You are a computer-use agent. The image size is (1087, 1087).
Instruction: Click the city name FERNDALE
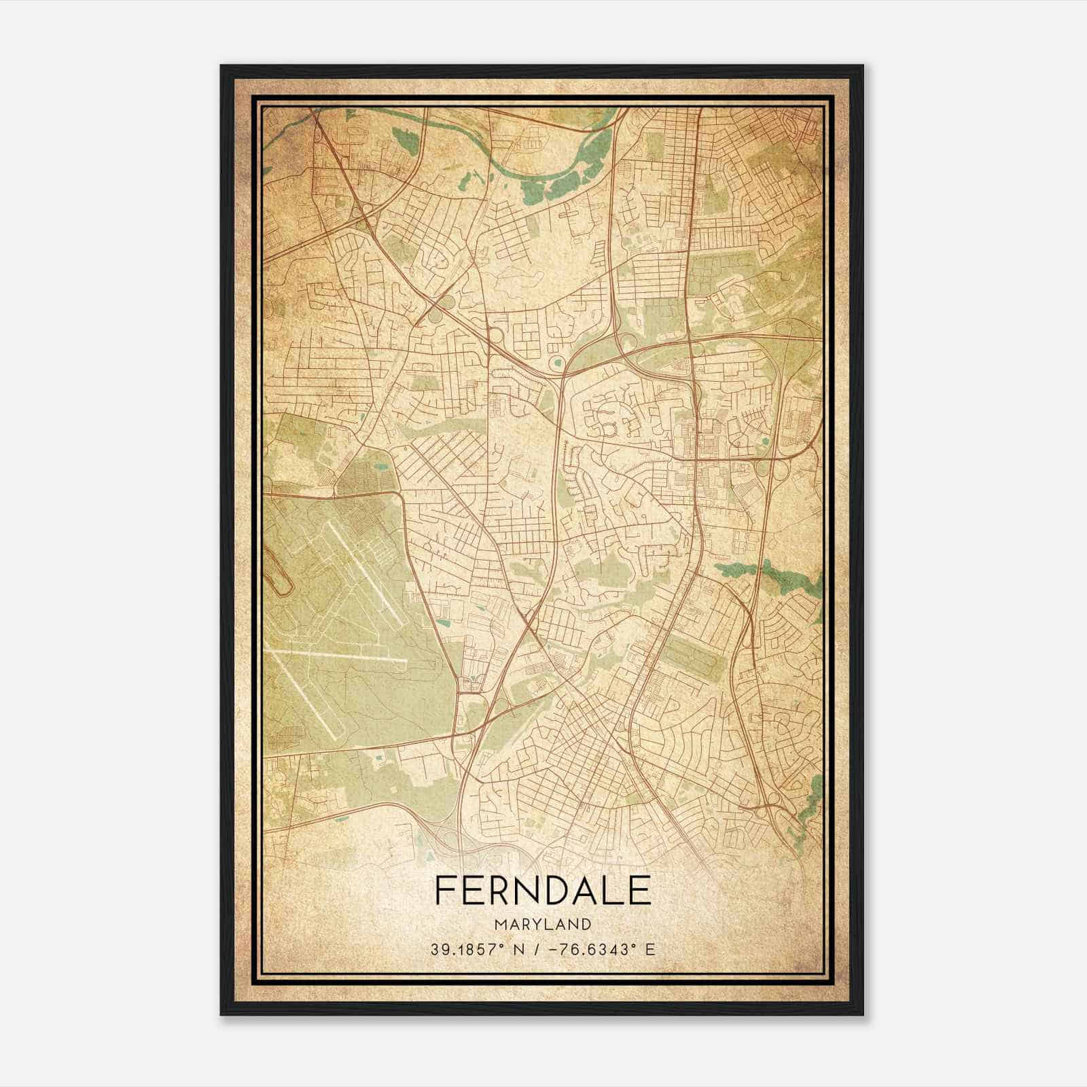pos(542,891)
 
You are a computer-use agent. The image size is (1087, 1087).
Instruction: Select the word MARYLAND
pos(542,924)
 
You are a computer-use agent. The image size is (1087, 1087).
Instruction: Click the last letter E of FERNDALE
pos(639,891)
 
